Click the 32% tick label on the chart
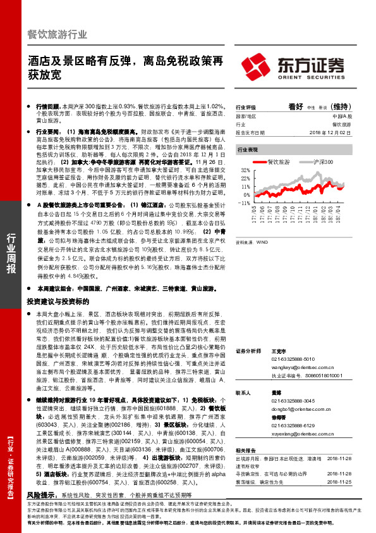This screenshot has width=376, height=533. (244, 171)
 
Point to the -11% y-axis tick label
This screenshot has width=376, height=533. (243, 203)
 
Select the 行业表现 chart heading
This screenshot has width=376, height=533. (247, 151)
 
